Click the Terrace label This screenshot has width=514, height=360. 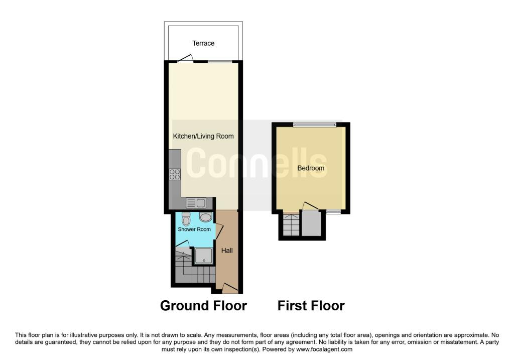pos(203,43)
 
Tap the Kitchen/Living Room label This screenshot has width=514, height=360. pos(203,136)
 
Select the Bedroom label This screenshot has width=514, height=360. pos(311,168)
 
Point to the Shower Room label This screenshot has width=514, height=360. pos(194,229)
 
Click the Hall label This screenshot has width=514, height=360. pos(227,251)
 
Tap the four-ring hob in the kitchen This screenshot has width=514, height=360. pos(175,174)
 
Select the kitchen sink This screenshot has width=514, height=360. pos(196,203)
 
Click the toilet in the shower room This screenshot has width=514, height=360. pos(186,219)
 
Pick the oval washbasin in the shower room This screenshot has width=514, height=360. pos(205,217)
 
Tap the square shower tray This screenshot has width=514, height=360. pos(204,256)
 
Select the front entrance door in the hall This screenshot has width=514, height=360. pos(230,288)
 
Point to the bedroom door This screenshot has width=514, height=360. pos(310,206)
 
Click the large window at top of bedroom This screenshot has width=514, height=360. pos(315,124)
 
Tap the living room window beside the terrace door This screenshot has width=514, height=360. pos(220,61)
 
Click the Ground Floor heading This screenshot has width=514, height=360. pos(203,306)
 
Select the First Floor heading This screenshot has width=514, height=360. pos(311,306)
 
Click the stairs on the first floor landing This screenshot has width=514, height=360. pos(291,225)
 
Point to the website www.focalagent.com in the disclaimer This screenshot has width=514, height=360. pos(324,349)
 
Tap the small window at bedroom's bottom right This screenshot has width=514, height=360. pos(333,211)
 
